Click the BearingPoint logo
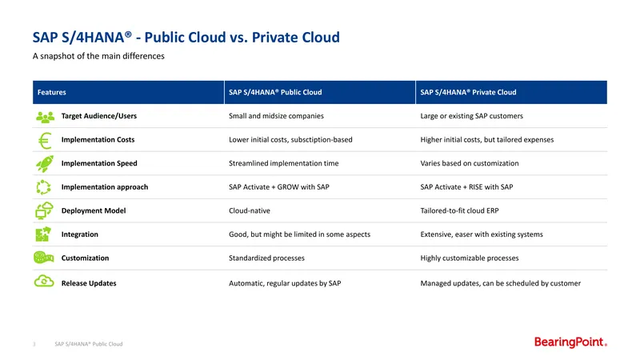[570, 342]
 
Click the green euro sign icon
[45, 141]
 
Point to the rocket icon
[45, 164]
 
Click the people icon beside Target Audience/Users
[45, 117]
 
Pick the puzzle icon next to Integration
[43, 234]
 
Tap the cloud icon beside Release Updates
[44, 282]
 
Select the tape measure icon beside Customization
[44, 258]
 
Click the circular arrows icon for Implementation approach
[43, 187]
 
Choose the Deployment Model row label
[94, 210]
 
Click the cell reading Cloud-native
[250, 210]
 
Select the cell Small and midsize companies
[276, 116]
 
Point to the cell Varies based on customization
[470, 163]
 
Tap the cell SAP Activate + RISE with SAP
[466, 187]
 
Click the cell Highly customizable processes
[470, 258]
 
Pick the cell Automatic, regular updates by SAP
[285, 283]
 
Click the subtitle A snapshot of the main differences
[98, 56]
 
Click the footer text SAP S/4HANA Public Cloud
[89, 344]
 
